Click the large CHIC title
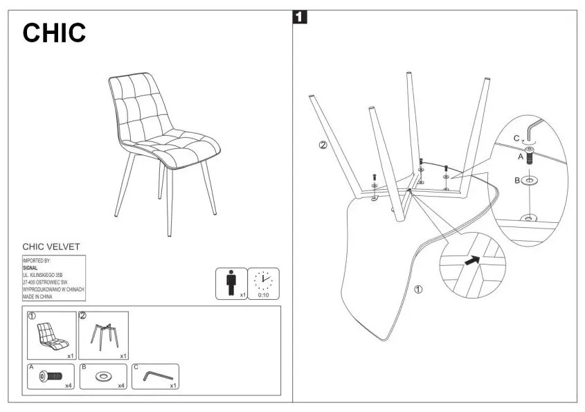(55, 33)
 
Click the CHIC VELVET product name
(51, 246)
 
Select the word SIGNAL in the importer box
(30, 267)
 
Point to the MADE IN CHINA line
(39, 296)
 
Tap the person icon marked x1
(231, 282)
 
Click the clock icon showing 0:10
(263, 280)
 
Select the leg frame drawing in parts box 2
(103, 334)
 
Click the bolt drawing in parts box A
(51, 376)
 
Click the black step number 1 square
(300, 17)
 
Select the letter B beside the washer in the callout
(516, 181)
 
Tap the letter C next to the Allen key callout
(516, 138)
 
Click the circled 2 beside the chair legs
(322, 145)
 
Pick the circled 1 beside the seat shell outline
(417, 289)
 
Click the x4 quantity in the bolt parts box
(69, 386)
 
